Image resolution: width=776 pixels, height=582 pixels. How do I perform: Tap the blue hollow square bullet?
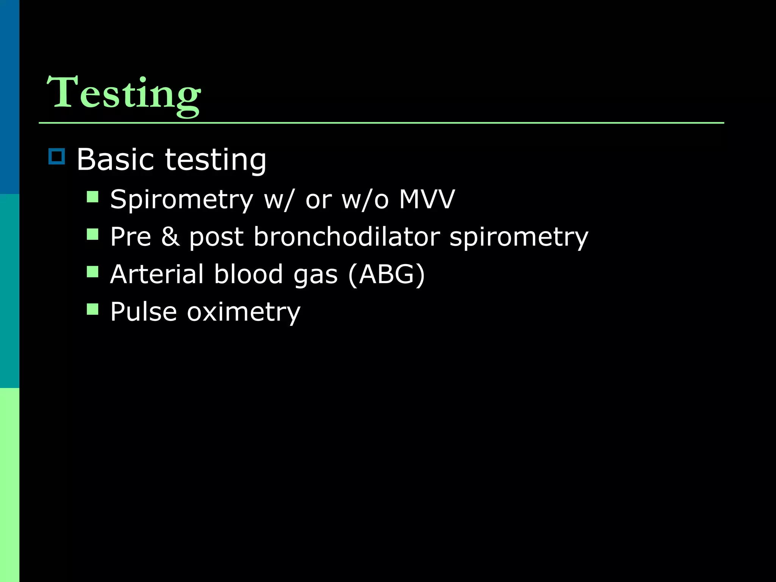(57, 156)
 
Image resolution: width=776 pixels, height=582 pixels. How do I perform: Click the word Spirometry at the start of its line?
(181, 200)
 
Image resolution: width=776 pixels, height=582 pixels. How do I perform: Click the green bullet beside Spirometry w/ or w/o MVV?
(92, 197)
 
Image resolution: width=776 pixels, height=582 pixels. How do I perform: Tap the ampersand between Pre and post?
(170, 237)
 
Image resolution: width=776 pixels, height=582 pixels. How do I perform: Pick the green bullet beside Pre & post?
(92, 234)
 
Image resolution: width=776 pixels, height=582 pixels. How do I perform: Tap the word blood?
(248, 274)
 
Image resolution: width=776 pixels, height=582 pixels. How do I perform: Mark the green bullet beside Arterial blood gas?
(92, 272)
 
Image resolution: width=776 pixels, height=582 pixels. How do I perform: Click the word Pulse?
(144, 312)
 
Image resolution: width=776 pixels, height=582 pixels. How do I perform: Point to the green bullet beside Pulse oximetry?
(92, 309)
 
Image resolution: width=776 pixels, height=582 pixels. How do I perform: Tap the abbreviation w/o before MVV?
(365, 200)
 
